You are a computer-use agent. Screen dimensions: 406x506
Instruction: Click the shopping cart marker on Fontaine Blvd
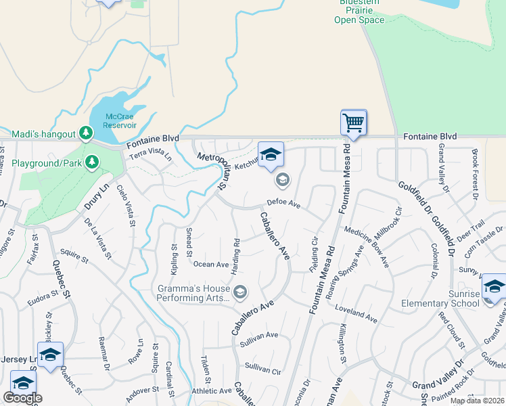(x=353, y=123)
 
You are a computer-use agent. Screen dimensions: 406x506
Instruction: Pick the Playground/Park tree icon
(x=92, y=162)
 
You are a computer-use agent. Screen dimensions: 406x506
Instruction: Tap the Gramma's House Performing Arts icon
(x=240, y=292)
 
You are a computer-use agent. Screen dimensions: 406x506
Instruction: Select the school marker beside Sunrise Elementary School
(x=495, y=287)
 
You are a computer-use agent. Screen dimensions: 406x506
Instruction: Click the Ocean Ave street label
(x=211, y=265)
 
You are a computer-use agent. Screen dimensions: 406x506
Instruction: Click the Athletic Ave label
(x=211, y=390)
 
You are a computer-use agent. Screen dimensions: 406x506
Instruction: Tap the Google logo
(x=22, y=398)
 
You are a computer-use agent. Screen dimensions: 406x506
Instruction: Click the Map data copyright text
(x=477, y=401)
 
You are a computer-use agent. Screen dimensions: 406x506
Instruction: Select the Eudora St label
(x=44, y=299)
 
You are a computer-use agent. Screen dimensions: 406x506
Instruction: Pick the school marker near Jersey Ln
(x=50, y=355)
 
